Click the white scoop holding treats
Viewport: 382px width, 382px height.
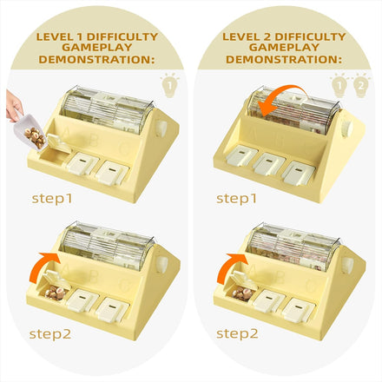click(x=29, y=132)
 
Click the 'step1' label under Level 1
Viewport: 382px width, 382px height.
click(x=52, y=199)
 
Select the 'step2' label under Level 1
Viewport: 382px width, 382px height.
click(x=50, y=334)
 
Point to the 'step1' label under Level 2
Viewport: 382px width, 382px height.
click(x=237, y=199)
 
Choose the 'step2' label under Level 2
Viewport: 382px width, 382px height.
click(x=237, y=333)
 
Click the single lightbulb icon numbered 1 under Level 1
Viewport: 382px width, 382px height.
click(x=170, y=85)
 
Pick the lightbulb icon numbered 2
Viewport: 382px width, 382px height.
click(x=360, y=85)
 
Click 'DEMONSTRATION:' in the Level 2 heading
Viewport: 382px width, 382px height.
click(x=284, y=59)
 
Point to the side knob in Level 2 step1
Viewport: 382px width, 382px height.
click(x=346, y=128)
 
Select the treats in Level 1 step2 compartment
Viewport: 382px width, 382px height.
click(x=56, y=293)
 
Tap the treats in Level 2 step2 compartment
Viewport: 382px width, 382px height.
click(x=242, y=293)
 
